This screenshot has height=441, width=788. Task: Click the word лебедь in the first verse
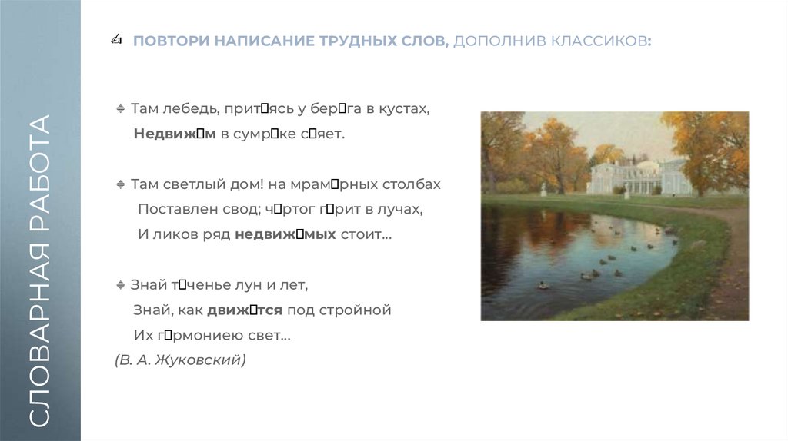[x=181, y=109]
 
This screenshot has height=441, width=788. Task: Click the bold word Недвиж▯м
[x=175, y=134]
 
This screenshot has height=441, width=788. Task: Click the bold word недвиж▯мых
[x=285, y=234]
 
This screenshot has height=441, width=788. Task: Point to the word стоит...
[x=366, y=234]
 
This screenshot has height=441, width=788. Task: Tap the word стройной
[x=358, y=310]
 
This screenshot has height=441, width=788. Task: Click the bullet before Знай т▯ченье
[x=120, y=286]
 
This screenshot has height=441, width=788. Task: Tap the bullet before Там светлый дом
[x=120, y=185]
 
